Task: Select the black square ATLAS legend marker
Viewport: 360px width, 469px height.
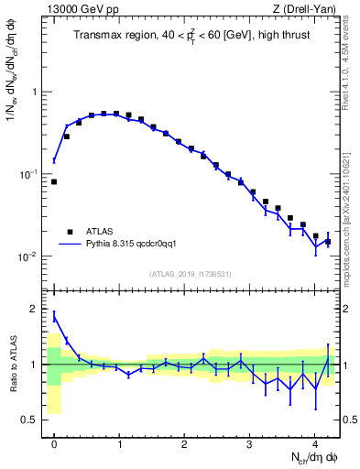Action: tap(71, 232)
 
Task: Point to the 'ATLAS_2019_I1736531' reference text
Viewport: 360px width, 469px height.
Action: tap(191, 274)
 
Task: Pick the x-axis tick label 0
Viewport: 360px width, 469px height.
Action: tap(54, 443)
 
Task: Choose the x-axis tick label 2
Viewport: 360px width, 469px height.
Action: tap(184, 443)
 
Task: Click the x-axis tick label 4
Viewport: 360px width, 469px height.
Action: tap(314, 443)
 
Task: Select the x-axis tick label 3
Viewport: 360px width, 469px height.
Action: tap(249, 443)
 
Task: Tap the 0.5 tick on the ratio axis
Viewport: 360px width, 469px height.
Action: tap(33, 420)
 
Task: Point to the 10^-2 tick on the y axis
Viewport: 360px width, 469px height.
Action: tap(30, 256)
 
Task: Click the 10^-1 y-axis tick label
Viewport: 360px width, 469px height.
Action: tap(30, 174)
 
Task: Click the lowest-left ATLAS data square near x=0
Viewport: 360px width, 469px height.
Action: tap(54, 181)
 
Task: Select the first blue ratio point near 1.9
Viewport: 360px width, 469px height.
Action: tap(54, 316)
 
